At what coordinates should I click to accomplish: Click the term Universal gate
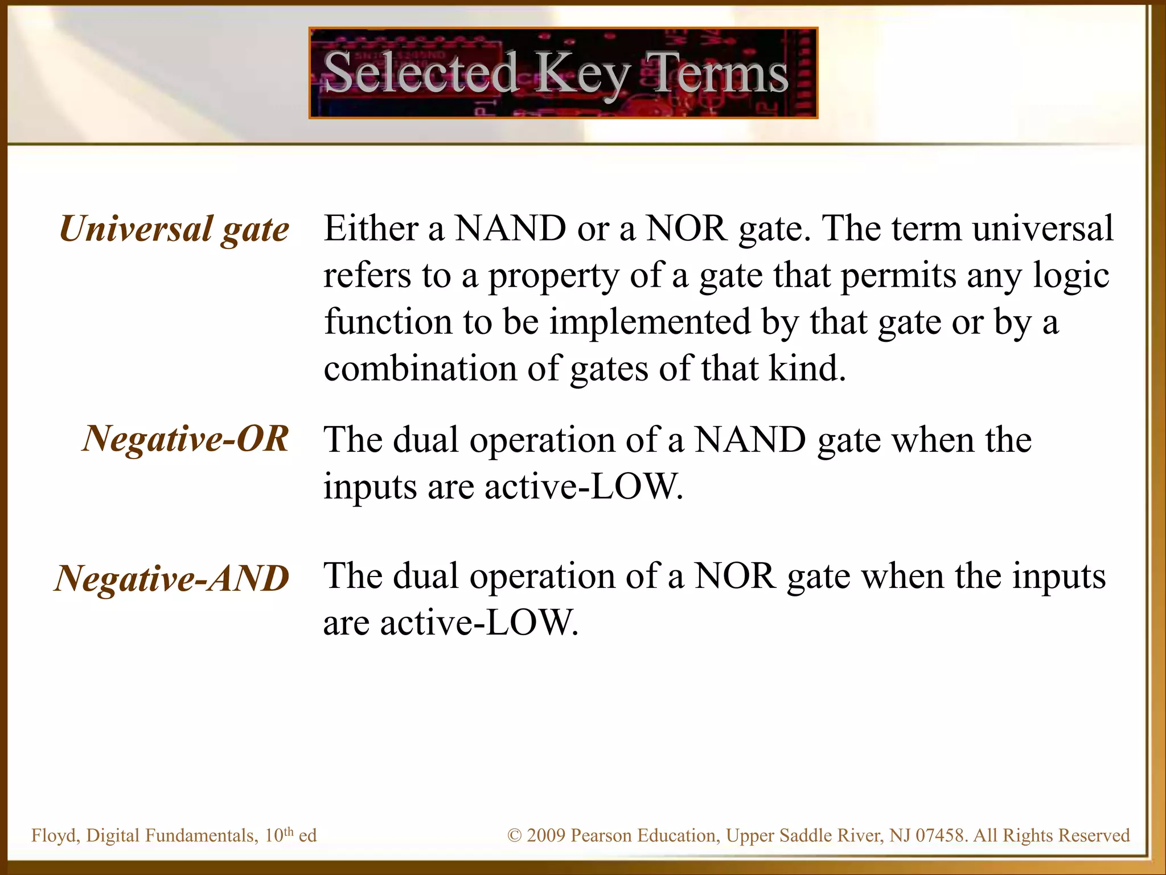[x=174, y=230]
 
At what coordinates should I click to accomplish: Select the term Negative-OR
[x=186, y=439]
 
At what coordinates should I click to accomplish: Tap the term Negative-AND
[x=172, y=579]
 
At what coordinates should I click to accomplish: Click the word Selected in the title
[x=420, y=73]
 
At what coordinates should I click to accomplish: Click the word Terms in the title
[x=719, y=73]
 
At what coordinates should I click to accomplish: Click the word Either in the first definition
[x=371, y=228]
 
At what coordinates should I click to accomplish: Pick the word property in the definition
[x=553, y=276]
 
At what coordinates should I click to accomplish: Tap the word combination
[x=420, y=369]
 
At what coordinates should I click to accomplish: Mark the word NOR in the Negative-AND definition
[x=735, y=576]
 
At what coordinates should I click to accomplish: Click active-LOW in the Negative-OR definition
[x=583, y=487]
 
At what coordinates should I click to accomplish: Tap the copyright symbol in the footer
[x=514, y=836]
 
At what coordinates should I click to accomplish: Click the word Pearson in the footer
[x=602, y=836]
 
